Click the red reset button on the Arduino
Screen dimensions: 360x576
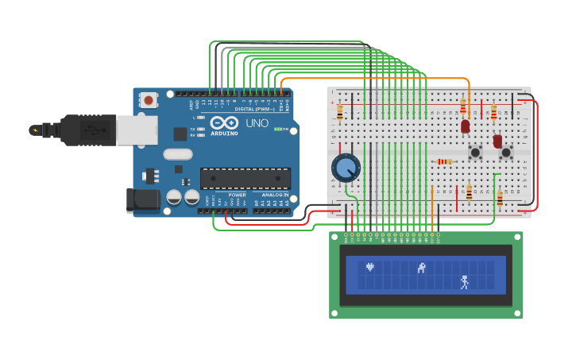(149, 100)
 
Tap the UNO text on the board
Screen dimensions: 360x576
(257, 123)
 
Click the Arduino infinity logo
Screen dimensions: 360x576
(224, 123)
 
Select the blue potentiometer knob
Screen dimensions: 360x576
(346, 168)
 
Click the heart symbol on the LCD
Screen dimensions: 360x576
(369, 267)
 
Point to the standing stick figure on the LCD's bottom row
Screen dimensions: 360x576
(465, 281)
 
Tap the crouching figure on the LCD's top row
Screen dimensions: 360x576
(422, 268)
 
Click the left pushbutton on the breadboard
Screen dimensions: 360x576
(475, 152)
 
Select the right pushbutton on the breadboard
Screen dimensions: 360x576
(505, 152)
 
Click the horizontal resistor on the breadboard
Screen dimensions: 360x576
(445, 161)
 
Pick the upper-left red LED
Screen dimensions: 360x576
(466, 126)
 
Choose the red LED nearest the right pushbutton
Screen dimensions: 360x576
(497, 141)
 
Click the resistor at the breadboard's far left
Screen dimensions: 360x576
(340, 112)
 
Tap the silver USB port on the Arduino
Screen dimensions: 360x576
(137, 130)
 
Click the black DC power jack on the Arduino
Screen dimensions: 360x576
(143, 200)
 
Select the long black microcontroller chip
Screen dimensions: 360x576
(245, 178)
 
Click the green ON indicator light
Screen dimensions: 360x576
(276, 129)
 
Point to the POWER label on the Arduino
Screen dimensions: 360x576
(237, 195)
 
